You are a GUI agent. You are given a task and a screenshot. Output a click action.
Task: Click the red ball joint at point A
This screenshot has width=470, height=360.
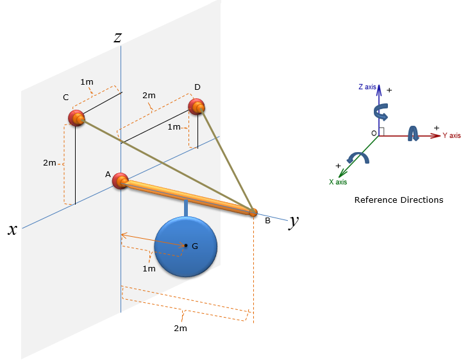[121, 181]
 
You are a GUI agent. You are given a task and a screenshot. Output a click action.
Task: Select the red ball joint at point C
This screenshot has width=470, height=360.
[76, 118]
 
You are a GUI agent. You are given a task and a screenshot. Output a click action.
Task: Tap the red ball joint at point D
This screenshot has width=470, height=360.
[197, 107]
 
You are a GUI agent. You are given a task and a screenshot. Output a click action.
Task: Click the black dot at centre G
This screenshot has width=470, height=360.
[186, 245]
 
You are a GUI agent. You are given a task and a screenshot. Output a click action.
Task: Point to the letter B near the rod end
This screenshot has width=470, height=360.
[267, 221]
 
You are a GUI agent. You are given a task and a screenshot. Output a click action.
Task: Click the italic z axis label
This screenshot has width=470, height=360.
[117, 38]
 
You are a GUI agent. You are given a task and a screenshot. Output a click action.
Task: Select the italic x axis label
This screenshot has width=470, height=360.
[12, 230]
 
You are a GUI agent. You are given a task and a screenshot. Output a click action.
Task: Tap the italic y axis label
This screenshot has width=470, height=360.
[294, 221]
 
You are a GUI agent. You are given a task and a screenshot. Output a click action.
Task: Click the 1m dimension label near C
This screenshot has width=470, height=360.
[87, 82]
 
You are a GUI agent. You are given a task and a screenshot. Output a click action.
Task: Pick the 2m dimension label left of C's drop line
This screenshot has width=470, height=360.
[49, 163]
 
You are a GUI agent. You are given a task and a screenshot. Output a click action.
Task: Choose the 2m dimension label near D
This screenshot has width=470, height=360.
[149, 96]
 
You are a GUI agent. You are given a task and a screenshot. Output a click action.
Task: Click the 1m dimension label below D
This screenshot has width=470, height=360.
[174, 127]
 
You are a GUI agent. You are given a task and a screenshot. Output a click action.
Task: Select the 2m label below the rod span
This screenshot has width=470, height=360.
[180, 328]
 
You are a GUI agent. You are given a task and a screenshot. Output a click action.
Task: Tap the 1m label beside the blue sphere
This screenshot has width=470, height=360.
[149, 269]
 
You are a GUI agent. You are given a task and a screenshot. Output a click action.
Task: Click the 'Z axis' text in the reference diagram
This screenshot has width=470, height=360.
[367, 87]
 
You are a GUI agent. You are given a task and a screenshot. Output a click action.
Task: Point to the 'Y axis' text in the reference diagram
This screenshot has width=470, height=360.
[451, 135]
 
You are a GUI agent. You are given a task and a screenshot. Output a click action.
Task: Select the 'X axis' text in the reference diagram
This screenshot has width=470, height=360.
[338, 182]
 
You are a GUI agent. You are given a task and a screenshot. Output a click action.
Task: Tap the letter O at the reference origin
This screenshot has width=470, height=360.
[374, 133]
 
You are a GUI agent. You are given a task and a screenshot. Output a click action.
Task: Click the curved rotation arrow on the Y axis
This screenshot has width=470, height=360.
[413, 133]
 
